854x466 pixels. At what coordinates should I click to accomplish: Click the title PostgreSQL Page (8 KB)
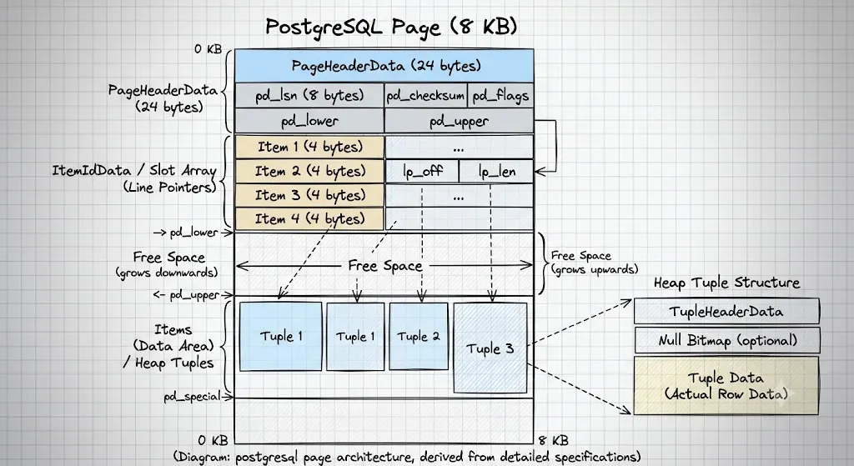click(391, 26)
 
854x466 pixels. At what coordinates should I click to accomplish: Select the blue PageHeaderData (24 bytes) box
click(384, 66)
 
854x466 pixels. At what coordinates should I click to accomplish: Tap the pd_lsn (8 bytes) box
click(309, 95)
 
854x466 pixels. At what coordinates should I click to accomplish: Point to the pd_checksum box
click(425, 95)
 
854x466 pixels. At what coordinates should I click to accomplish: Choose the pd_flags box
click(500, 95)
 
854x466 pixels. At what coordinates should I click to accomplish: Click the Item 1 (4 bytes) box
click(309, 147)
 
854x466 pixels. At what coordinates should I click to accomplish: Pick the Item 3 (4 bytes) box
click(309, 195)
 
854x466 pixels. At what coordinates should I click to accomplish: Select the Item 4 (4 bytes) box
click(309, 219)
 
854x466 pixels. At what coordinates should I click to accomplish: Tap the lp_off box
click(422, 172)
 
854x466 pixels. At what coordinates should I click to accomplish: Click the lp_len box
click(496, 172)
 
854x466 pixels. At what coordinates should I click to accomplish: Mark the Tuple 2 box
click(419, 337)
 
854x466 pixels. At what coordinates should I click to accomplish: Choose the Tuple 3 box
click(490, 348)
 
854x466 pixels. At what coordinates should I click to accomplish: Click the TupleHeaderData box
click(726, 312)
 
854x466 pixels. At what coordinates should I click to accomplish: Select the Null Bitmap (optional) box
click(727, 340)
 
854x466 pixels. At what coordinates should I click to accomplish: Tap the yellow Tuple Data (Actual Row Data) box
click(726, 385)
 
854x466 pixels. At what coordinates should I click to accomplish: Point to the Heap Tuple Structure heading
click(726, 283)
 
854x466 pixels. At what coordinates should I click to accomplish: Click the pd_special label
click(193, 396)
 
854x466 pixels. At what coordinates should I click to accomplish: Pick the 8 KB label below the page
click(554, 440)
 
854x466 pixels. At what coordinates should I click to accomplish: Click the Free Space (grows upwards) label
click(594, 263)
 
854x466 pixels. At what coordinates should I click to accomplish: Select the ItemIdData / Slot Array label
click(134, 170)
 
